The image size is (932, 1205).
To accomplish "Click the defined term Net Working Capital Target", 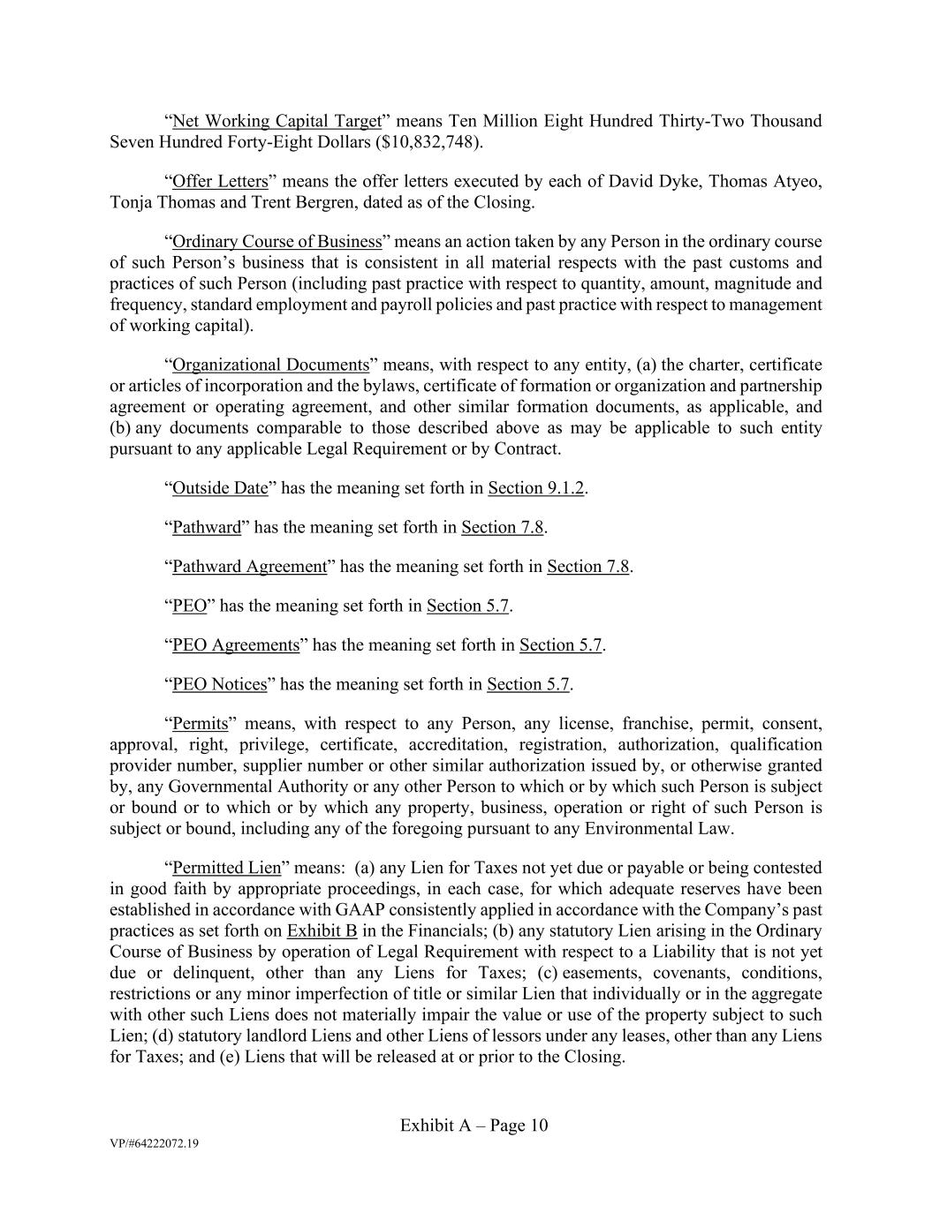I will click(x=277, y=121).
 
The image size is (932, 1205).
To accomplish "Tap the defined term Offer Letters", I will click(x=220, y=182).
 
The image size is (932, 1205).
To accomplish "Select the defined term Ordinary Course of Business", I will click(x=277, y=242).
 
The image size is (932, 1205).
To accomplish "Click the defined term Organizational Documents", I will click(x=270, y=365).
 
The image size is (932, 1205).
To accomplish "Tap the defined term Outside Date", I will click(x=220, y=488).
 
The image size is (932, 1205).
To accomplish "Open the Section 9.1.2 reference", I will click(x=536, y=488).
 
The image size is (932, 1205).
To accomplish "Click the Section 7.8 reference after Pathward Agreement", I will click(x=587, y=567).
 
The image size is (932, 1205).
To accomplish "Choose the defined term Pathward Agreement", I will click(x=249, y=567).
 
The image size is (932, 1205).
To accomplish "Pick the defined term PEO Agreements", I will click(x=236, y=645).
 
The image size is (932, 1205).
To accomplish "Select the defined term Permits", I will click(x=200, y=725).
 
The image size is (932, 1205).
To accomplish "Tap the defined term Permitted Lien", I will click(x=225, y=868).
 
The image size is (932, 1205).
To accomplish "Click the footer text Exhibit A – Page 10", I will click(x=474, y=1126).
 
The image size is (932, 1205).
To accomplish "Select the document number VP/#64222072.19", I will click(x=154, y=1144).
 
